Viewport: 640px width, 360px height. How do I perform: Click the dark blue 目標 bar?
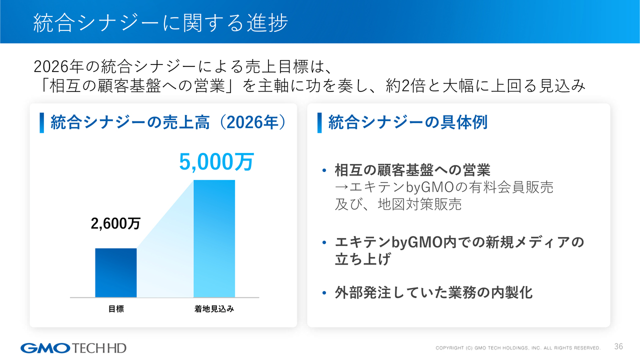(115, 273)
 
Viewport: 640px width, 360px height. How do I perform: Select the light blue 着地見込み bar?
(214, 238)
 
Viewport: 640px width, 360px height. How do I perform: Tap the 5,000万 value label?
(216, 162)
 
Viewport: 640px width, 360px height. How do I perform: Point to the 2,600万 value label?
(115, 223)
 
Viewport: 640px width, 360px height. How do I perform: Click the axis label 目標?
(116, 309)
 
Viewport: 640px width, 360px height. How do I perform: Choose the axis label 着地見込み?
(214, 309)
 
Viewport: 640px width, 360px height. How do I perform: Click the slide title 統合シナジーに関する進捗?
(160, 23)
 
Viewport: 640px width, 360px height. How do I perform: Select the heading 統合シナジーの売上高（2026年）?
(168, 122)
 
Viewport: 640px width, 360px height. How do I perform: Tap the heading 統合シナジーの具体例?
(408, 122)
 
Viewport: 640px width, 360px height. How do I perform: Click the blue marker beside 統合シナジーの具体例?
(319, 123)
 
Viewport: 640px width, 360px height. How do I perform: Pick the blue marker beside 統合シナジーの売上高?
(41, 123)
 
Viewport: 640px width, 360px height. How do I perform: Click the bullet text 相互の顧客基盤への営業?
(412, 170)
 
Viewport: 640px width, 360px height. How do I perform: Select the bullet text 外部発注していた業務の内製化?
(433, 292)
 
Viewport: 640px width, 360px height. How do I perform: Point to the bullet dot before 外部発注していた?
(324, 293)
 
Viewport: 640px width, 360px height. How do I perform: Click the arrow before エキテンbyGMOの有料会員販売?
(341, 187)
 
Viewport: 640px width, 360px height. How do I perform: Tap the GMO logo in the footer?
(45, 348)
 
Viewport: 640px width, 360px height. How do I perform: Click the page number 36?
(618, 346)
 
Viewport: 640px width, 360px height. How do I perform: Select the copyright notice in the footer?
(518, 348)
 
